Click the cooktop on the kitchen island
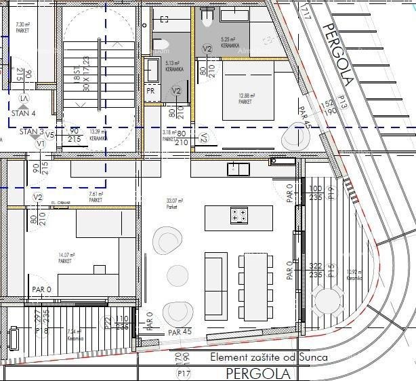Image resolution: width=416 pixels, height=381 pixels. pos(238,216)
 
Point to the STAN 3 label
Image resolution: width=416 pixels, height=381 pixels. pos(31,132)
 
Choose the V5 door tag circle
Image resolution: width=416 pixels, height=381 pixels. pos(49,135)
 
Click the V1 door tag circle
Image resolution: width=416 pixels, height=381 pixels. pos(40,144)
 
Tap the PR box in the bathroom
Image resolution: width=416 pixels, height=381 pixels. pos(151,90)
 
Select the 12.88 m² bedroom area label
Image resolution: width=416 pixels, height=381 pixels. pos(245,99)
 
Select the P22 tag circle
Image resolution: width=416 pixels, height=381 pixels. pos(107,322)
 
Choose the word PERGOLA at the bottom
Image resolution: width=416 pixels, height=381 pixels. pos(257,373)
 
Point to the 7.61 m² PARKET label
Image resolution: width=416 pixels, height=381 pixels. pos(96,197)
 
